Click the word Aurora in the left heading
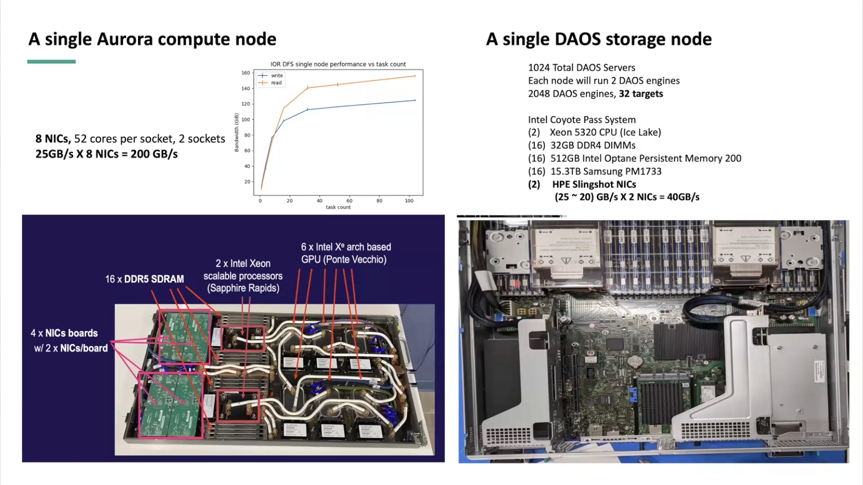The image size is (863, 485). (x=125, y=40)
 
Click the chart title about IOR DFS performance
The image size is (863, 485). (x=338, y=64)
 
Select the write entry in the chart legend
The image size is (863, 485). (x=276, y=75)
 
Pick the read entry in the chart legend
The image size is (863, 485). (x=276, y=83)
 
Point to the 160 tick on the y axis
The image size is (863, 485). (x=245, y=73)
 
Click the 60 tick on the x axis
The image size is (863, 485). (x=349, y=201)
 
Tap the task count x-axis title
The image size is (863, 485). (x=338, y=207)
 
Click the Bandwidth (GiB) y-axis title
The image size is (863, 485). (x=236, y=132)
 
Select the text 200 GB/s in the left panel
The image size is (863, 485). (x=154, y=154)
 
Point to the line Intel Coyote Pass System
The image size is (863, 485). (x=582, y=120)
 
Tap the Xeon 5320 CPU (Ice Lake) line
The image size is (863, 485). (x=605, y=132)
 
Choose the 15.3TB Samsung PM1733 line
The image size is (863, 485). (x=605, y=172)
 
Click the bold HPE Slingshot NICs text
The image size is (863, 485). (x=594, y=185)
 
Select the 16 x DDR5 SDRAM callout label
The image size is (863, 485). (x=144, y=279)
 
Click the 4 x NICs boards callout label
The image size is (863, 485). (x=64, y=333)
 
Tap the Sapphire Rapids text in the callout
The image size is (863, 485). (x=243, y=288)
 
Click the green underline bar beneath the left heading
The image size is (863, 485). (x=51, y=62)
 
